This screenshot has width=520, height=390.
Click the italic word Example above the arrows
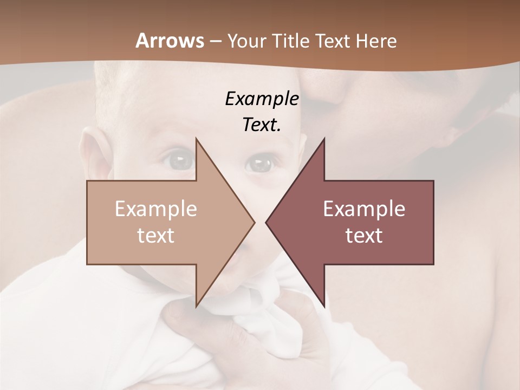point(262,99)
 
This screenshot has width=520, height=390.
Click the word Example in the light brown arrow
point(156,209)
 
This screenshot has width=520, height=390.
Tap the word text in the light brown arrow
point(156,235)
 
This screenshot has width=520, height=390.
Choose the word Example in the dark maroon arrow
point(364,209)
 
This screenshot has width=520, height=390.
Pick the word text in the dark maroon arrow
point(364,235)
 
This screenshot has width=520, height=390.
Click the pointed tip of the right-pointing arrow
point(254,222)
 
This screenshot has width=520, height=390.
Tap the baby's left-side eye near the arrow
point(179,160)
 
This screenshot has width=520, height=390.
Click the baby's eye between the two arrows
point(261,162)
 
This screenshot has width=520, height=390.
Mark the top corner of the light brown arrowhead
point(196,139)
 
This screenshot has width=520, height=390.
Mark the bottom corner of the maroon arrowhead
point(324,306)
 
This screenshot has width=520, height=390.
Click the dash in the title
point(215,41)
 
